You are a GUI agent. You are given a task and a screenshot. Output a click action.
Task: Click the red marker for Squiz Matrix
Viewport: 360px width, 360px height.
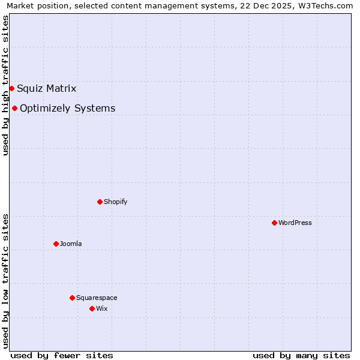(x=11, y=88)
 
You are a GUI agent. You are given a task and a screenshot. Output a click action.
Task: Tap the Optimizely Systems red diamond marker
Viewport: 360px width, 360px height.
(x=14, y=108)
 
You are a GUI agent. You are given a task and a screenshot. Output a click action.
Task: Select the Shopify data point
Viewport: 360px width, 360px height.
(x=100, y=202)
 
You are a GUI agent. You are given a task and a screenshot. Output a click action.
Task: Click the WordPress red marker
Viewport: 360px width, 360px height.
(x=274, y=223)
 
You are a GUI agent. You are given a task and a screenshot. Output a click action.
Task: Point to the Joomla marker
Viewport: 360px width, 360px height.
(x=56, y=244)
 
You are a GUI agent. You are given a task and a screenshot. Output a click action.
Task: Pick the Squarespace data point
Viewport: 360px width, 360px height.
(x=72, y=298)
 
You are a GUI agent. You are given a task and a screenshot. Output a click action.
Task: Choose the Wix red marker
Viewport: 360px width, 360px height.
(x=92, y=308)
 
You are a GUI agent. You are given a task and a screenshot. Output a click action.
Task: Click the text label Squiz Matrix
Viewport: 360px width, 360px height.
(x=47, y=89)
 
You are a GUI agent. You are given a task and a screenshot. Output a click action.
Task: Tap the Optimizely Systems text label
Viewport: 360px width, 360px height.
(x=67, y=109)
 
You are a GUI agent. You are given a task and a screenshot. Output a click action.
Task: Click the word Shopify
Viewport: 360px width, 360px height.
(x=115, y=202)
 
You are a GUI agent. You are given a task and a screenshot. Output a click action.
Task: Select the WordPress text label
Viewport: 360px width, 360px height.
(x=295, y=223)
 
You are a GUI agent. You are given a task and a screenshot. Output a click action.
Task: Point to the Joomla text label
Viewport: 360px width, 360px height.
(x=71, y=244)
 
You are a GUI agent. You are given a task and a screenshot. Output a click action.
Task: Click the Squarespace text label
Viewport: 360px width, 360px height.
(x=97, y=298)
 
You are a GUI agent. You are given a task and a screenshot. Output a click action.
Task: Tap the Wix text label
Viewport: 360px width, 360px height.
(x=101, y=308)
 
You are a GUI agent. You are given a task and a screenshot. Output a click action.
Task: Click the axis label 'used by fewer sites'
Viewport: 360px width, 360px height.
(x=62, y=355)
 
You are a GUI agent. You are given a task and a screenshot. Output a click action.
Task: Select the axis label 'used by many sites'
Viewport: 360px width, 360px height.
(x=301, y=355)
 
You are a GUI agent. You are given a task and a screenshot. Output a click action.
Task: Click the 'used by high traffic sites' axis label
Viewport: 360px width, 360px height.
(x=5, y=85)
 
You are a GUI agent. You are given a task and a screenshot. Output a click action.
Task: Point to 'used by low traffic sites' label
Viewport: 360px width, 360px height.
(x=5, y=281)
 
